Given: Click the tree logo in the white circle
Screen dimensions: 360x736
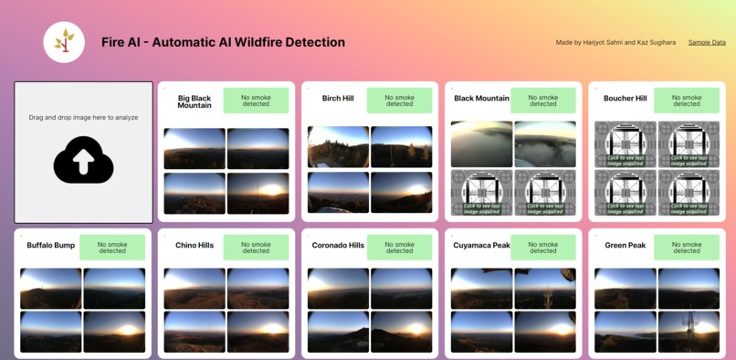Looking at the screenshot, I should [64, 42].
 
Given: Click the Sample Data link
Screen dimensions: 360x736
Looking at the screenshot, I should [707, 43].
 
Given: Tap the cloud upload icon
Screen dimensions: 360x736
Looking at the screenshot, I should [83, 160].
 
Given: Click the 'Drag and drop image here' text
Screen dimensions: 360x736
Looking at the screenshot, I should [83, 118].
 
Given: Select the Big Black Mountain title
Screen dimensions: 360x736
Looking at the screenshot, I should [195, 101].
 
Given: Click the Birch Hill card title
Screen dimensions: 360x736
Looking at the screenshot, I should [338, 99].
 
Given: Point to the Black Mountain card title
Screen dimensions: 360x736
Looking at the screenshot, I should [481, 99].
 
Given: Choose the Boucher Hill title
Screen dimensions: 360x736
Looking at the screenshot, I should [625, 99].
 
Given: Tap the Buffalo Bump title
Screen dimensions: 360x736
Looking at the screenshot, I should [51, 246].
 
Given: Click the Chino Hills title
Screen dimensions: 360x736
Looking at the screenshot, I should [195, 246].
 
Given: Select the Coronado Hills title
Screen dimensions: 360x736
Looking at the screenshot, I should [338, 246].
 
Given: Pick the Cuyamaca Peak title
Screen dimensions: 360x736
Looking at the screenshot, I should [481, 246].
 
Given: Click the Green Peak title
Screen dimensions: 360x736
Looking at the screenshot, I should [625, 246].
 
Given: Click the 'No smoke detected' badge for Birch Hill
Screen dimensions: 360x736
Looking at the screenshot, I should [399, 101].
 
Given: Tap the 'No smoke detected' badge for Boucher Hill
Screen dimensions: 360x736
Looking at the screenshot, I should [687, 101].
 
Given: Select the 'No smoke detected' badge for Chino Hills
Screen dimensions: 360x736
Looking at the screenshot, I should [256, 248].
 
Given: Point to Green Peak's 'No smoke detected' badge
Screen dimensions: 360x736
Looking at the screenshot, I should [687, 248].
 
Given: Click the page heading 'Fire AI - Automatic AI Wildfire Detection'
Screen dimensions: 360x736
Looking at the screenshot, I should [223, 42].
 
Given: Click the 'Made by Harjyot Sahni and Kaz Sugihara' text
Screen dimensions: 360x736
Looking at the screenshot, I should [615, 43].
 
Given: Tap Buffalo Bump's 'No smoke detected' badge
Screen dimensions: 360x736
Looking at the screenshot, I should [112, 248].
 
